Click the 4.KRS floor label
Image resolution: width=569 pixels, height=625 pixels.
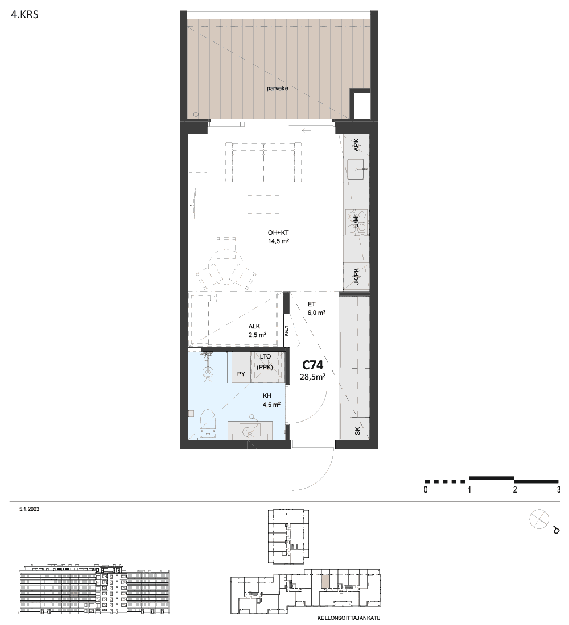coord(25,15)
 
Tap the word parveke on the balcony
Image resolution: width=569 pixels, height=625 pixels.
coord(278,89)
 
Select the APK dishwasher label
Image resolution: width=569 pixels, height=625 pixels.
coord(357,145)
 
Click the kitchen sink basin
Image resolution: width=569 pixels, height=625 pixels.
coord(356,169)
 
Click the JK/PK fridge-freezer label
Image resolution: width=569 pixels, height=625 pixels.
coord(357,276)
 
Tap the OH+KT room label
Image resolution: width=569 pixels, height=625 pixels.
coord(278,233)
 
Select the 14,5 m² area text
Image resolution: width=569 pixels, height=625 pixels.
coord(278,241)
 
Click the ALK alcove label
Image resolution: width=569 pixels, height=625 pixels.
coord(254,327)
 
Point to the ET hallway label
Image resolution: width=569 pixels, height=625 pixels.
coord(311,304)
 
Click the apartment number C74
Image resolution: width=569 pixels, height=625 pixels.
coord(312,365)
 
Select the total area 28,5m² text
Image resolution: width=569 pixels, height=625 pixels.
coord(312,377)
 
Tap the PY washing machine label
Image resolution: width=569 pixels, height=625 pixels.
coord(241,374)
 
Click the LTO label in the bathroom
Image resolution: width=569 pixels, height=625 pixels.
coord(266,356)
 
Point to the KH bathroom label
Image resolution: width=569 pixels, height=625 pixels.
coord(267,396)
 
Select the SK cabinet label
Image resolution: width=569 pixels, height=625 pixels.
coord(357,431)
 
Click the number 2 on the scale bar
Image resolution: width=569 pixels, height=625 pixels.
coord(515,490)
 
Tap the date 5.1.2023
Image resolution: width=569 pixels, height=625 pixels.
coord(29,509)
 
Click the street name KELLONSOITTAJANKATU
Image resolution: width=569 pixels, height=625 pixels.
coord(349,618)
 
